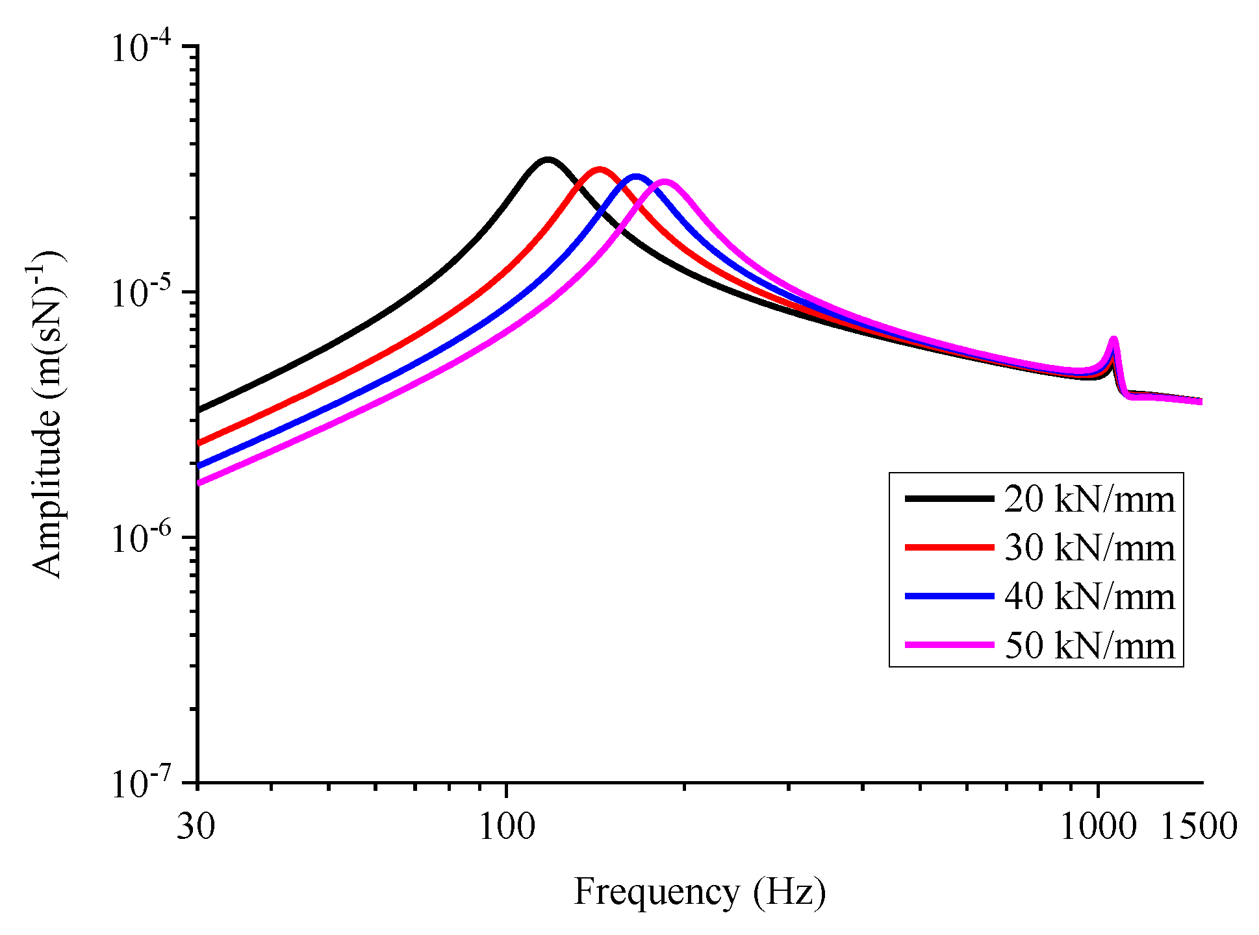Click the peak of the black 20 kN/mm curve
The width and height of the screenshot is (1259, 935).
coord(548,159)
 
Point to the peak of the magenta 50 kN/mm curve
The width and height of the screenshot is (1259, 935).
coord(665,182)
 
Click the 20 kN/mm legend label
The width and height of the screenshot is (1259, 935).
coord(1089,499)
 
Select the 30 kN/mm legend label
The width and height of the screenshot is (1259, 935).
coord(1089,548)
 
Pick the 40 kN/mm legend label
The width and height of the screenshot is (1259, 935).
coord(1089,597)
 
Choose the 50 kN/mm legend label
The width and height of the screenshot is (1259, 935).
coord(1089,645)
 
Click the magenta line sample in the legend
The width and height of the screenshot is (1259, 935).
coord(949,645)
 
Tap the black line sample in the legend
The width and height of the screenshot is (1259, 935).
coord(949,499)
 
